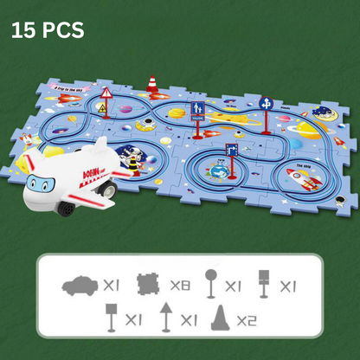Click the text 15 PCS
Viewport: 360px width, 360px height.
tap(48, 30)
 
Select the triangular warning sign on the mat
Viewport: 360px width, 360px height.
tap(107, 93)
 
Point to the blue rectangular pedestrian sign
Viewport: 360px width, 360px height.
tap(197, 110)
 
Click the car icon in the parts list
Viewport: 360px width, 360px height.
tap(80, 285)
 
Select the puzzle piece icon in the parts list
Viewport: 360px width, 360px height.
tap(150, 284)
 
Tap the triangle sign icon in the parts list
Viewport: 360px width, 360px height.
tap(165, 318)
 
